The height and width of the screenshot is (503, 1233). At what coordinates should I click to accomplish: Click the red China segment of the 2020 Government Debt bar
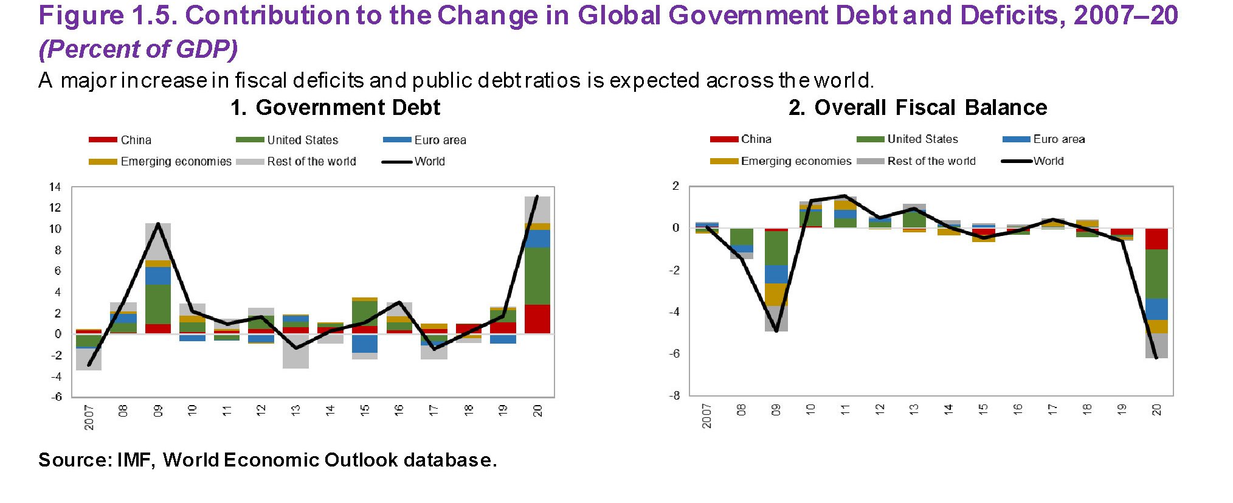point(537,319)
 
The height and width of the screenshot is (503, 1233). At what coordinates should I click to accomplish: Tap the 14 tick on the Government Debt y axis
point(55,187)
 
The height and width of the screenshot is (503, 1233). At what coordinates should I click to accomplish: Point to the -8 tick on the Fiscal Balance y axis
point(675,395)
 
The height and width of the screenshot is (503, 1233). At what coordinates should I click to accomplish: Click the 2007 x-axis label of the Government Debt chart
point(89,417)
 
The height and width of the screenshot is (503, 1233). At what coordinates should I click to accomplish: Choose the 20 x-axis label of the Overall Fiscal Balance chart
point(1156,409)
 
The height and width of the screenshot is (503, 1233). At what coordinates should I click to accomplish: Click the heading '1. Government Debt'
point(335,108)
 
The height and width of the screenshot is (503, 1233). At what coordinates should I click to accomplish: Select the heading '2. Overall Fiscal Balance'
point(917,108)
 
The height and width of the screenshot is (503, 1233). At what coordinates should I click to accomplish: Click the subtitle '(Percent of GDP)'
point(138,49)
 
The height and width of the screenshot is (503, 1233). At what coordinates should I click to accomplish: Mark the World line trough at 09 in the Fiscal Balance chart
point(776,331)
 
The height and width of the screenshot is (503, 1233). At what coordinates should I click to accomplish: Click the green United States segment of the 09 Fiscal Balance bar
point(776,248)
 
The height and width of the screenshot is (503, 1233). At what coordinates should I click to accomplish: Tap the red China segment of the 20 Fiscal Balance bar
point(1156,239)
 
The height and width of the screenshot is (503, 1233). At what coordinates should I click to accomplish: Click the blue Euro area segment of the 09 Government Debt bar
point(158,276)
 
